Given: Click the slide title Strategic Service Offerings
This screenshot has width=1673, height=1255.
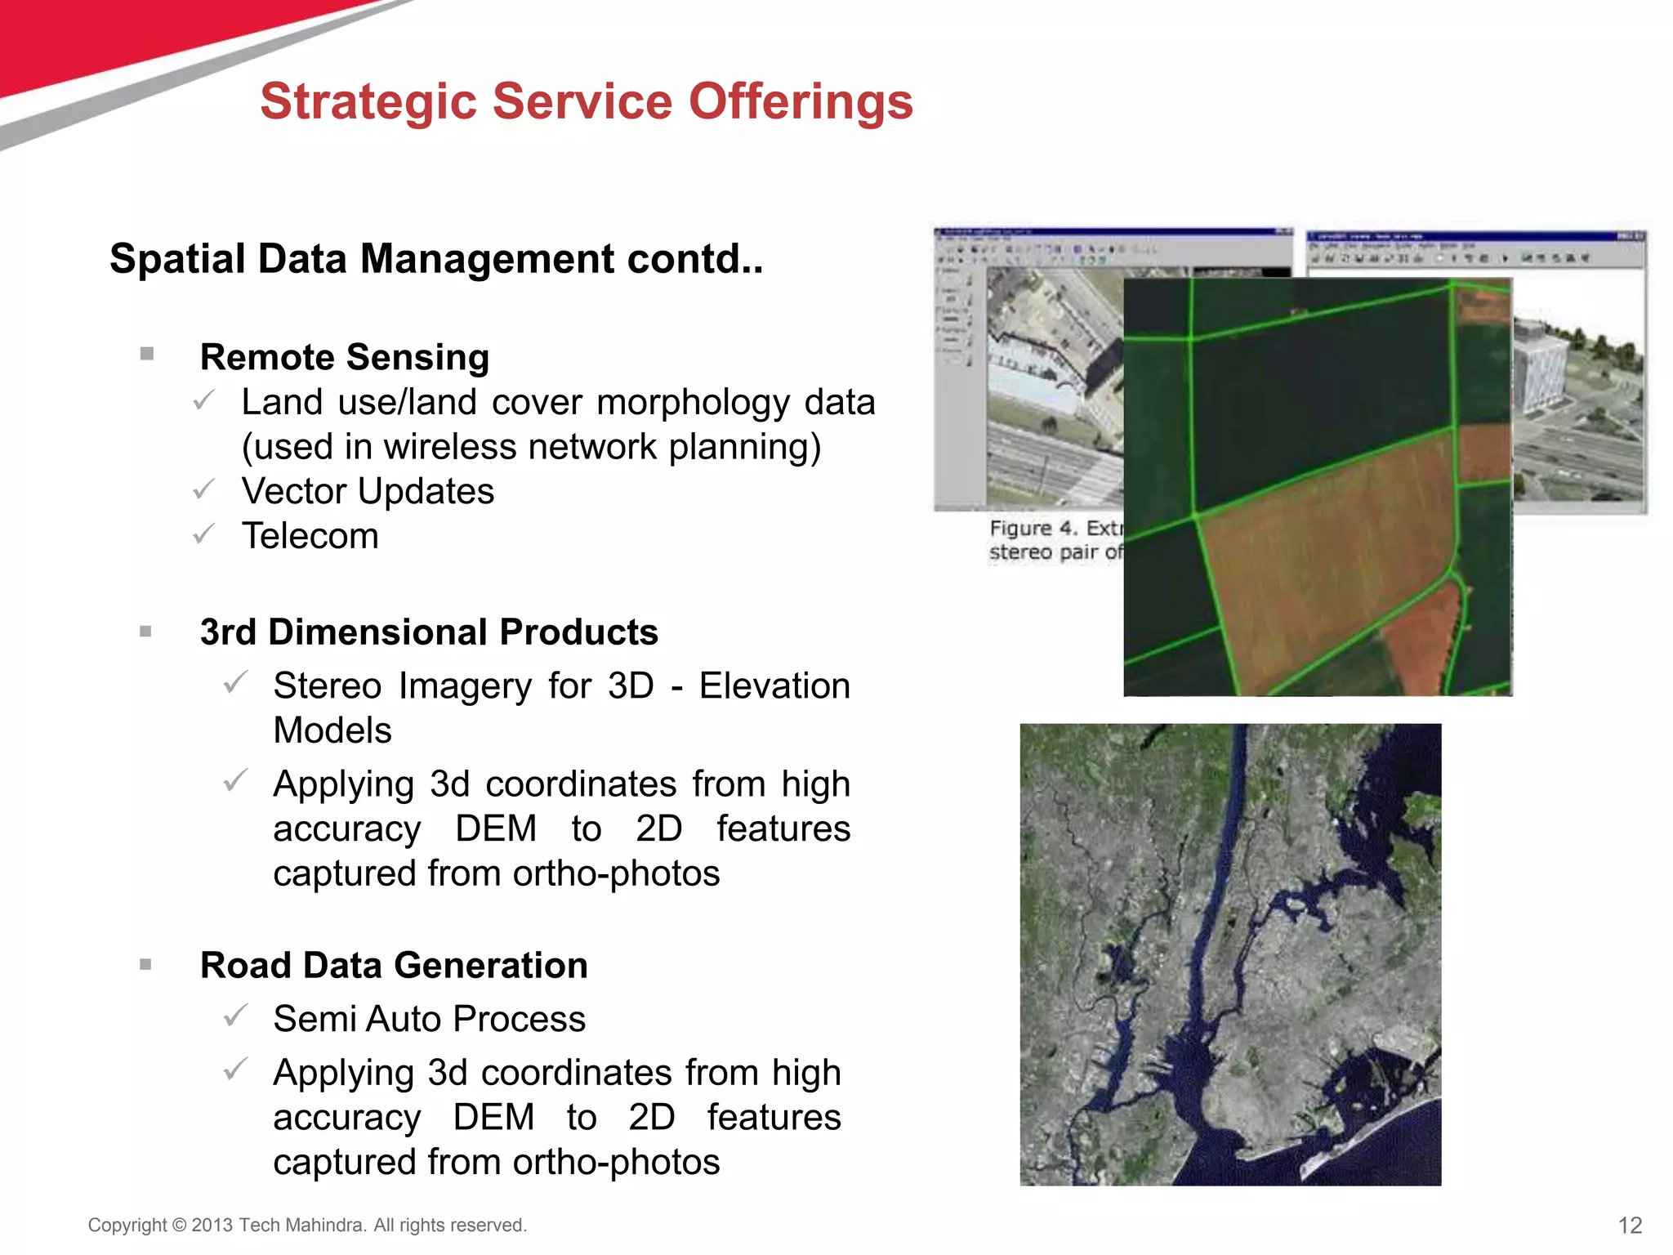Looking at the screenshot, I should [586, 102].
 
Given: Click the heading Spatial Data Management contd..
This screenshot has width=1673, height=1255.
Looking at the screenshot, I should [436, 259].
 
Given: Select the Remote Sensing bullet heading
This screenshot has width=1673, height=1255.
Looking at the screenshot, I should [344, 357].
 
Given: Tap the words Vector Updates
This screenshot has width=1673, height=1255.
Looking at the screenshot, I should [368, 491].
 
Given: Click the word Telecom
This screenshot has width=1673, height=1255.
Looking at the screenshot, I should [310, 536].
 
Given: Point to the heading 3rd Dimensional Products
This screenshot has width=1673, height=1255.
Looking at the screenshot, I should [429, 632].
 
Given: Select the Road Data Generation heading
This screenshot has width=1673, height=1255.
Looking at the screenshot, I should [394, 965].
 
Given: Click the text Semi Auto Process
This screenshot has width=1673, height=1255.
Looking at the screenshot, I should [429, 1019].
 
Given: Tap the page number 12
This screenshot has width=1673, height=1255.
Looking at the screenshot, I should [1629, 1225].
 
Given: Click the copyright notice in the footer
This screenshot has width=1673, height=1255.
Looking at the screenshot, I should [307, 1225].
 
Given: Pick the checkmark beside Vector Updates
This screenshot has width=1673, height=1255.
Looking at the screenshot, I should [203, 489].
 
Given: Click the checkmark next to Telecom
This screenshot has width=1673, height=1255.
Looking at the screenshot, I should [203, 534].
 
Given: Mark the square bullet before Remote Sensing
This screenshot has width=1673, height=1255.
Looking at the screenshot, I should [147, 354].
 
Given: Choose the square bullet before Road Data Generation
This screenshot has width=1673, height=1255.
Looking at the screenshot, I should [146, 964].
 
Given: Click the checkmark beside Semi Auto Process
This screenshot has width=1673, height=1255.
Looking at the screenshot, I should [235, 1016].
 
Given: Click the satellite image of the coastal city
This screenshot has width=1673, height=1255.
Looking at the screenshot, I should [1230, 954].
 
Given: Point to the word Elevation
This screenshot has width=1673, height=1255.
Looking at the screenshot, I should [774, 686].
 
